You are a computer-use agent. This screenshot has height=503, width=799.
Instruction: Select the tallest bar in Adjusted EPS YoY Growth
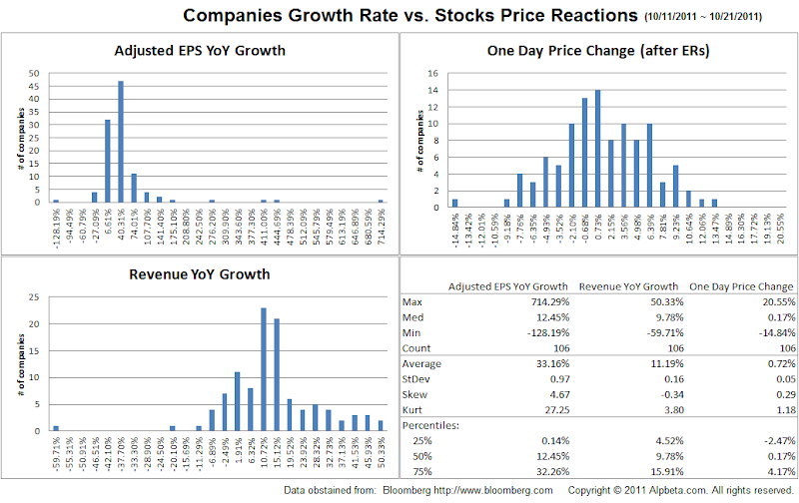pos(121,141)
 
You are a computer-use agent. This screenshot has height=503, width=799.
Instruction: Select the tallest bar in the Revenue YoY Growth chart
pos(263,369)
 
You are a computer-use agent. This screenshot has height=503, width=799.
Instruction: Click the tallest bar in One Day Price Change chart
pos(597,148)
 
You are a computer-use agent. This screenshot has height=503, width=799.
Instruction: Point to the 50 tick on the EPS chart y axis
pos(35,73)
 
